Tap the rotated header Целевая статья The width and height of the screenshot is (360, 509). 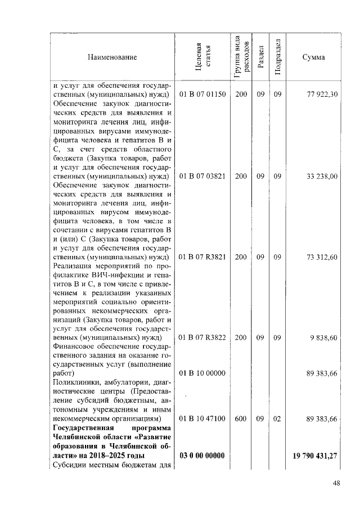tap(202, 57)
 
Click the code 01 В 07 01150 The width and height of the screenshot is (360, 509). tap(202, 94)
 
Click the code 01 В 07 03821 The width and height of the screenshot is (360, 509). tap(202, 176)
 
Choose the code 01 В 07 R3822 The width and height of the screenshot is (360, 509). tap(202, 337)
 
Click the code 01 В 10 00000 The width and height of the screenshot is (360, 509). tap(202, 373)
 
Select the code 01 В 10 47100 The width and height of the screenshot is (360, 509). tap(202, 419)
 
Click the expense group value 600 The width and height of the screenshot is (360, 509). tap(241, 419)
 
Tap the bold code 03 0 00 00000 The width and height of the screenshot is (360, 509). tap(202, 455)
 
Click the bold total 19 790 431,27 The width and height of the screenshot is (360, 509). tap(315, 455)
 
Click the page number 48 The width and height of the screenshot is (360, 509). tap(336, 483)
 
